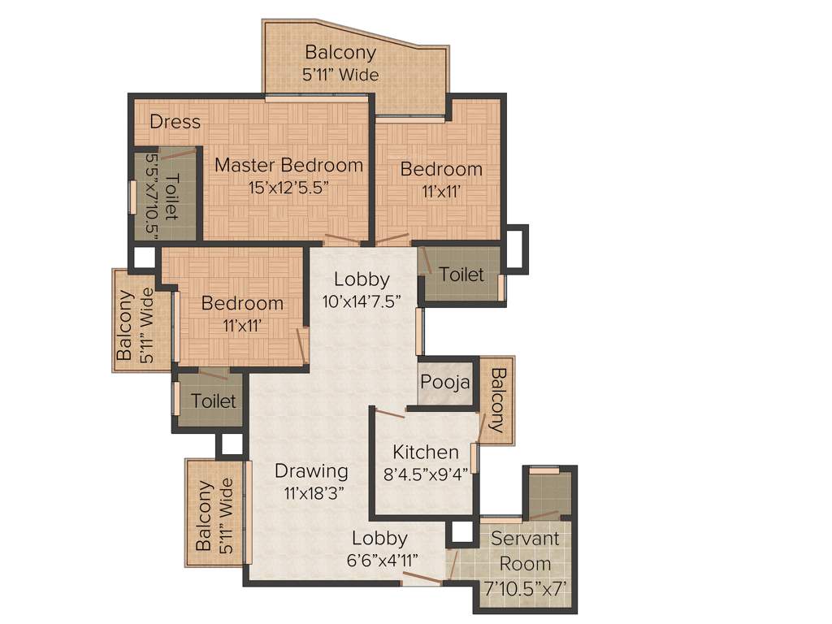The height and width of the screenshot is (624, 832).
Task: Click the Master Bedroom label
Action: pyautogui.click(x=288, y=165)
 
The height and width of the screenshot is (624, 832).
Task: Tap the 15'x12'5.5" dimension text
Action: pyautogui.click(x=288, y=186)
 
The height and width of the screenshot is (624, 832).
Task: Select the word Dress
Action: pyautogui.click(x=175, y=122)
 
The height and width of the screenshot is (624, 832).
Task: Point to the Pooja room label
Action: pyautogui.click(x=445, y=382)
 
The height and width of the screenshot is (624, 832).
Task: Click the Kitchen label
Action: pyautogui.click(x=426, y=452)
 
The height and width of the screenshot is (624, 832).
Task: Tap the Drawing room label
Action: pyautogui.click(x=311, y=470)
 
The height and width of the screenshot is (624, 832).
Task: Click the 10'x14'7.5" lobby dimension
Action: pyautogui.click(x=362, y=300)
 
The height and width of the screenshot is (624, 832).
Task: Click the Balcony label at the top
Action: pyautogui.click(x=340, y=53)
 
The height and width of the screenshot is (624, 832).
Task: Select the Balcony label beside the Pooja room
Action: pyautogui.click(x=497, y=401)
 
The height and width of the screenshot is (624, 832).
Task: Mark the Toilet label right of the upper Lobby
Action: pyautogui.click(x=461, y=275)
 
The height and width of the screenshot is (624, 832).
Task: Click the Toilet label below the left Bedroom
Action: pyautogui.click(x=213, y=401)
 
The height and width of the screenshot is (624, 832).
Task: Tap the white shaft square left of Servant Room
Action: pyautogui.click(x=461, y=531)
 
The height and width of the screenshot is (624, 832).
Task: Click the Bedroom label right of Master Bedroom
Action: pyautogui.click(x=441, y=170)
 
